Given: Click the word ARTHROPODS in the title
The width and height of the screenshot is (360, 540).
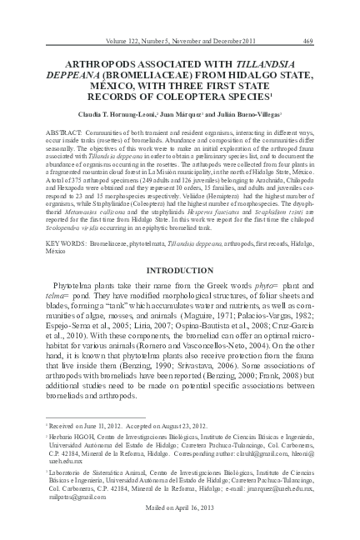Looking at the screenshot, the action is (x=90, y=62).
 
